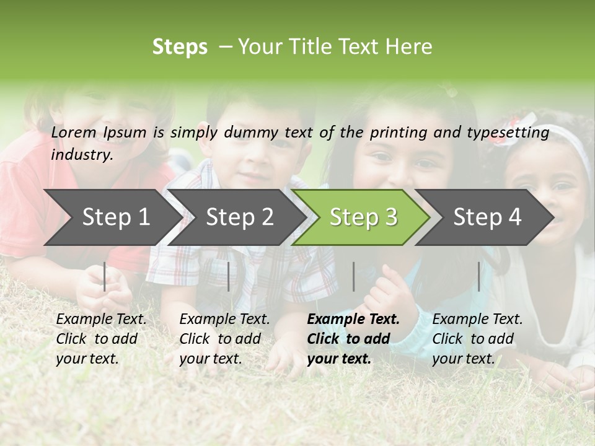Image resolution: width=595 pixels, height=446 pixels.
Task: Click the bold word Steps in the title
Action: (180, 47)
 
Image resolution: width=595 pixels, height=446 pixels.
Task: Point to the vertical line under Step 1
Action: (105, 276)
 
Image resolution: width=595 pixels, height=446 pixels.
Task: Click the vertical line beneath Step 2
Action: (229, 276)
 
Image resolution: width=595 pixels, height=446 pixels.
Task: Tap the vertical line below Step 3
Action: (354, 276)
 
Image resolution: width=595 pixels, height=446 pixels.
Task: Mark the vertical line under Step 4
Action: (479, 276)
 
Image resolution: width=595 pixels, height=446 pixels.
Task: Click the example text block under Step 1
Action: (101, 339)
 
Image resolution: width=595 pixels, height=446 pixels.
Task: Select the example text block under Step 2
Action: (224, 339)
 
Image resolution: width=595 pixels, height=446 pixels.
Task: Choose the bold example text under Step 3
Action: (353, 339)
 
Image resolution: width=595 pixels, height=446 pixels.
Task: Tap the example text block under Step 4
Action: (477, 339)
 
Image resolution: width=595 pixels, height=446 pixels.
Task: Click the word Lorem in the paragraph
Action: (74, 133)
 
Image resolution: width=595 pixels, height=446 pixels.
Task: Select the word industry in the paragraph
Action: (82, 155)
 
